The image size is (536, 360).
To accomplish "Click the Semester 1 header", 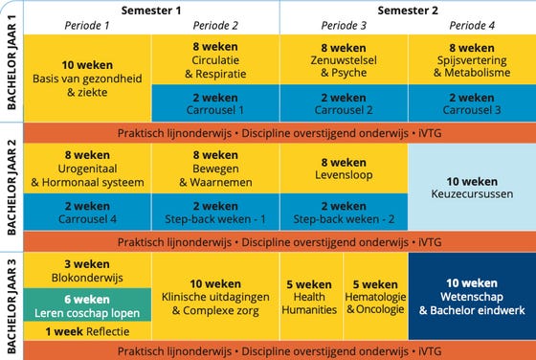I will click(x=152, y=10).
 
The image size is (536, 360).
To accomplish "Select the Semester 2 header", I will click(x=407, y=10).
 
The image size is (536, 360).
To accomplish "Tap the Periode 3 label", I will click(x=344, y=25).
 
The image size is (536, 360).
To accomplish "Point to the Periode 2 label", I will click(x=214, y=25).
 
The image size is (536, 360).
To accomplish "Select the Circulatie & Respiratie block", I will click(x=214, y=59).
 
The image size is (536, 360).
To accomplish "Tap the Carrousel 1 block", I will click(x=214, y=103).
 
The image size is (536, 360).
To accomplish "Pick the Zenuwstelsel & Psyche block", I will click(x=344, y=59).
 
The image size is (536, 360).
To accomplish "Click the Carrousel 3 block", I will click(x=471, y=103).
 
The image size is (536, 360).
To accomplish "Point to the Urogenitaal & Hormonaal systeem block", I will click(x=87, y=168).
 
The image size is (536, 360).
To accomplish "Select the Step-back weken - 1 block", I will click(x=214, y=212).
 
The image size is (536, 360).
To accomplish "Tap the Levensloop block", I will click(x=344, y=168).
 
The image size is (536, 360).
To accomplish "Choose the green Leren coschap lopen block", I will click(x=87, y=304).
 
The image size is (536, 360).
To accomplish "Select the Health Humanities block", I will click(x=310, y=296).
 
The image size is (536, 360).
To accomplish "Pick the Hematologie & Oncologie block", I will click(x=375, y=296).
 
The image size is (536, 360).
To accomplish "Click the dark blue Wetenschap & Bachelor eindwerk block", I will click(x=472, y=296).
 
